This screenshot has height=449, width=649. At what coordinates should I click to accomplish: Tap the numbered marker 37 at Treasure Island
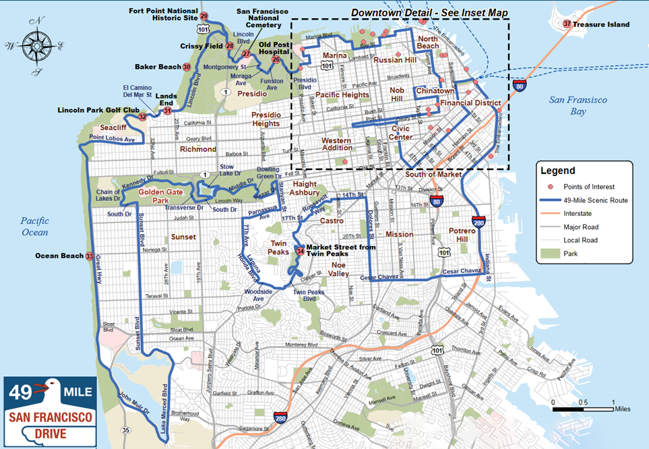[567, 24]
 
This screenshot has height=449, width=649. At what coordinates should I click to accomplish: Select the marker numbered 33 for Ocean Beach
[90, 256]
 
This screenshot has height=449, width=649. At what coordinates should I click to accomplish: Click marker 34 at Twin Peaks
[299, 251]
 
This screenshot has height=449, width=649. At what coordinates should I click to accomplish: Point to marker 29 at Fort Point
[204, 16]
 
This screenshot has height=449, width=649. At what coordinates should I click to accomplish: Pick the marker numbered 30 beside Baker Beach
[187, 67]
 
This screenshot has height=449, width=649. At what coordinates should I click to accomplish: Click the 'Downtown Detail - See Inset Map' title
[429, 13]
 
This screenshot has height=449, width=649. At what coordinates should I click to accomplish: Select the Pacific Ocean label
[34, 226]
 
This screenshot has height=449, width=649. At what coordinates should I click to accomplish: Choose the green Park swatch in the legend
[550, 253]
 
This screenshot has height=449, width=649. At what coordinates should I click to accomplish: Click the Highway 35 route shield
[125, 429]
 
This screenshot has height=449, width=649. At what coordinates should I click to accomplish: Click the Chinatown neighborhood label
[435, 90]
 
